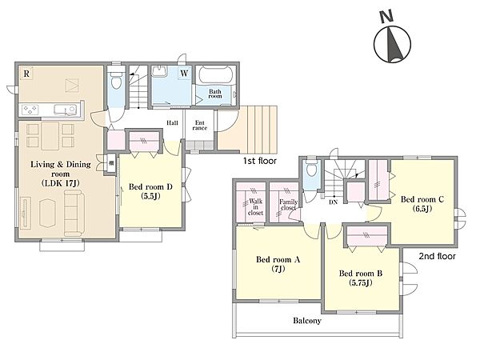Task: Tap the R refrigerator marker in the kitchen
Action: [26, 74]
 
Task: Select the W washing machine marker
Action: [184, 74]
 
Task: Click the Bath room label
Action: [215, 94]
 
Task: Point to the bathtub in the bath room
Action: [216, 75]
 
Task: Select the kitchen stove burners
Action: [30, 110]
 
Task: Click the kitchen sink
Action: [65, 110]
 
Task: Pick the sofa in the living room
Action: [74, 213]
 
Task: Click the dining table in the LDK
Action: [50, 136]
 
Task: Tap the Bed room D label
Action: [150, 186]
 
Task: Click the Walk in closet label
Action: [255, 206]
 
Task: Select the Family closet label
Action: [288, 205]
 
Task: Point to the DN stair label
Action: [334, 202]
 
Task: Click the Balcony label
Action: [307, 321]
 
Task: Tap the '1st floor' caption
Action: [259, 161]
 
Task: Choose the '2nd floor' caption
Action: [437, 256]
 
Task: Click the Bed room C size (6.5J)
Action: [422, 209]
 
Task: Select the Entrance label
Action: [199, 126]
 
